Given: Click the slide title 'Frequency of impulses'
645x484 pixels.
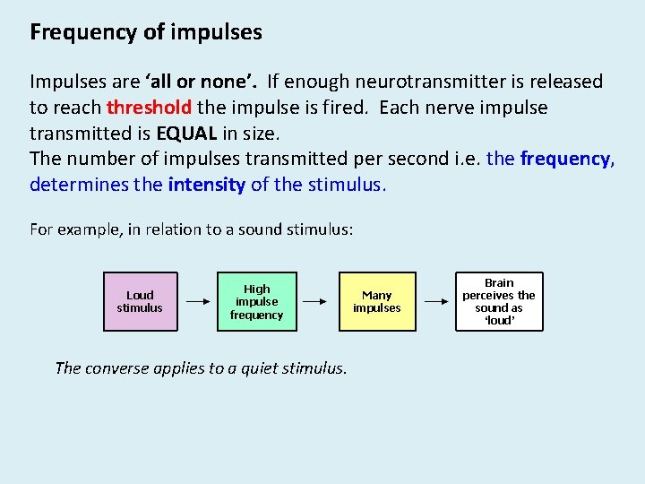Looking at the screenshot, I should pos(146,33).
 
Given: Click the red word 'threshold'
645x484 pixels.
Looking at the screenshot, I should pos(149,108).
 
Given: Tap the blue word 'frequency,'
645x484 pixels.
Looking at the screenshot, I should pos(567,160).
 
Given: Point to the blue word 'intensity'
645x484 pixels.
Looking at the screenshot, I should pos(206,186).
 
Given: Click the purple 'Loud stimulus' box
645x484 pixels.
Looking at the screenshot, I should pos(140,301).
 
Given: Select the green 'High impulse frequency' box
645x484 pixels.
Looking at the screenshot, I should pos(256,301).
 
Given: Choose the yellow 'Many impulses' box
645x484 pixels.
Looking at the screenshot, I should pos(376,301).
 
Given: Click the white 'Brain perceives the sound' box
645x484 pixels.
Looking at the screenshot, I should pos(499,301).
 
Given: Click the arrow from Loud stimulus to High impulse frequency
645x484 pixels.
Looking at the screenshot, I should pos(197,302).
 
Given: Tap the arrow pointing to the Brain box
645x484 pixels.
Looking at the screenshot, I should pos(436,302).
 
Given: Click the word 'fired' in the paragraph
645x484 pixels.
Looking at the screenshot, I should pos(349,108).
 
